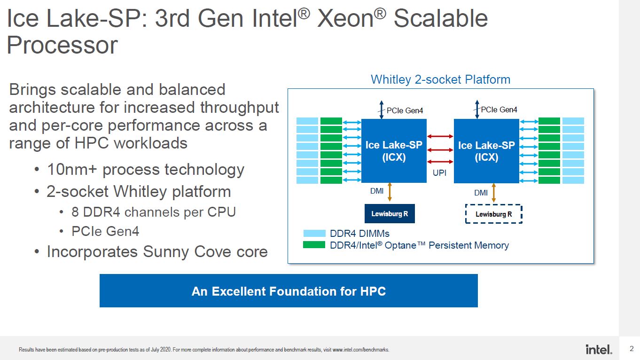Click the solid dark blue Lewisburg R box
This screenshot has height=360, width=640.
pos(390,213)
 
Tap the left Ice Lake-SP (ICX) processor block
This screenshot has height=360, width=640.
pos(394,151)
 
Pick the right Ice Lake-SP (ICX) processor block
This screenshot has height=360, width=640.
pos(486,151)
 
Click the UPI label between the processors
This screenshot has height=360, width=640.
pos(439,172)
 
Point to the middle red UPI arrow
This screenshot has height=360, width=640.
pos(440,149)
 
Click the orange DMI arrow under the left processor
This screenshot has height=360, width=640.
pos(390,192)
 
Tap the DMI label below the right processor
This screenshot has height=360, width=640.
pos(481,193)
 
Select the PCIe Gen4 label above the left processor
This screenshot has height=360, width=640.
pos(405,110)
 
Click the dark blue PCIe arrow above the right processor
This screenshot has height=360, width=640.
pos(477,109)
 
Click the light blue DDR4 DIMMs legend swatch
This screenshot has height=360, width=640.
pos(314,233)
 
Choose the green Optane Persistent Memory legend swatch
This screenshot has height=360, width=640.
pos(314,245)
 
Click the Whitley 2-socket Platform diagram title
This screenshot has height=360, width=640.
pos(440,79)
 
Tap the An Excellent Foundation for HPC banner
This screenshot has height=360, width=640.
pos(289,290)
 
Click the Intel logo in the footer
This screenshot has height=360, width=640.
pos(599,349)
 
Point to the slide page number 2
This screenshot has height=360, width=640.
pos(632,349)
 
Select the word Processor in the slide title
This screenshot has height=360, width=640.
pos(62,45)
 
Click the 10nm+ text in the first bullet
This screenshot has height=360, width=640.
pos(72,169)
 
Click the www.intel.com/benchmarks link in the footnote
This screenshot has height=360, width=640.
pos(360,350)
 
